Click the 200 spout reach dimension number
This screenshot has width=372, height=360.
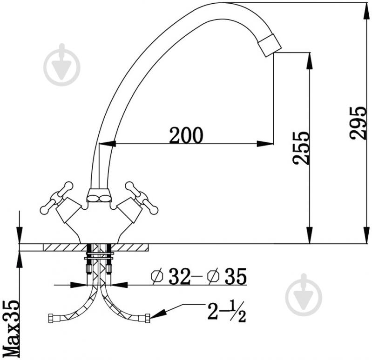pyautogui.click(x=186, y=135)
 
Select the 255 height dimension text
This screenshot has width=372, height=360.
pyautogui.click(x=301, y=148)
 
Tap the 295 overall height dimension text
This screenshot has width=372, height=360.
pyautogui.click(x=358, y=122)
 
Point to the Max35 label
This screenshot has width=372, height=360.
pyautogui.click(x=11, y=329)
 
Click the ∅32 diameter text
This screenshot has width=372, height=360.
pyautogui.click(x=171, y=276)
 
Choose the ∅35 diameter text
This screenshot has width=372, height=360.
pyautogui.click(x=227, y=276)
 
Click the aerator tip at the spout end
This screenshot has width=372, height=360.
pyautogui.click(x=270, y=45)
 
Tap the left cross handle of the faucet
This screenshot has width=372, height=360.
pyautogui.click(x=56, y=197)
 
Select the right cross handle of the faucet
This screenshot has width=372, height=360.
pyautogui.click(x=142, y=197)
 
